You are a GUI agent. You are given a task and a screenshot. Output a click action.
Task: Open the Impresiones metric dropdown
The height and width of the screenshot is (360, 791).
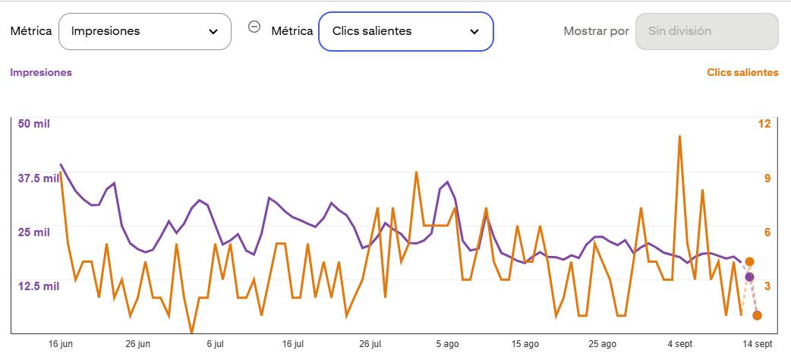click(145, 31)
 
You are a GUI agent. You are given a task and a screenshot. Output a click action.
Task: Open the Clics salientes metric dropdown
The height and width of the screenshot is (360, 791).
click(405, 31)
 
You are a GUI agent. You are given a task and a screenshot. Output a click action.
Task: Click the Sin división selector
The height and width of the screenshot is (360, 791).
click(707, 31)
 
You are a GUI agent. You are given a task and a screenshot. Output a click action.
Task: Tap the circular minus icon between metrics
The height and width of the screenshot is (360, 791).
click(255, 27)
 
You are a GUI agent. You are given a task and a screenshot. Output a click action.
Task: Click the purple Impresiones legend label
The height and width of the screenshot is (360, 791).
click(41, 72)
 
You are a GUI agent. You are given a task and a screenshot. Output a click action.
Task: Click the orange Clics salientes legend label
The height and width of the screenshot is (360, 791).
click(742, 72)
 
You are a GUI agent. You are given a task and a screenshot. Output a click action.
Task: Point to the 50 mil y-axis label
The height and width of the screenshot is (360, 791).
click(34, 124)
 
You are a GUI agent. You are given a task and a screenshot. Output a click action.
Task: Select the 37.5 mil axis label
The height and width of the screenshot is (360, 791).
click(39, 178)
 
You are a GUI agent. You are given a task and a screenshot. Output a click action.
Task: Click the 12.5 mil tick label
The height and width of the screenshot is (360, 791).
click(39, 286)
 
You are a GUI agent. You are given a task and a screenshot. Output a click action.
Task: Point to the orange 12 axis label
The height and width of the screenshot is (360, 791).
click(764, 124)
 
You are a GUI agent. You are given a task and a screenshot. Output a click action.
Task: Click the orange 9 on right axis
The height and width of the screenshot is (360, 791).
click(767, 178)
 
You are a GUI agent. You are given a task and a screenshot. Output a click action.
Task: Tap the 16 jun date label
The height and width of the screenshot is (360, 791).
click(61, 344)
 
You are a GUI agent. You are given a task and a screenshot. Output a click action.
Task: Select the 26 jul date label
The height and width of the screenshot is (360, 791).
click(370, 344)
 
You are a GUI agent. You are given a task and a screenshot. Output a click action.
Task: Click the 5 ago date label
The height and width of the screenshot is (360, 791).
click(447, 344)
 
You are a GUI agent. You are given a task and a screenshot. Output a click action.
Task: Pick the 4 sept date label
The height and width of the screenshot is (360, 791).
click(679, 344)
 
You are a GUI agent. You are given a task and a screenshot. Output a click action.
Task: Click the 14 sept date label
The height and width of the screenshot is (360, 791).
click(757, 344)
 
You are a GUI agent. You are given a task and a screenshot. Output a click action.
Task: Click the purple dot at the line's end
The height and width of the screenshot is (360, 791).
click(749, 276)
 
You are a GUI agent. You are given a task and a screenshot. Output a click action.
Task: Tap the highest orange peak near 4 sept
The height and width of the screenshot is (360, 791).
click(679, 136)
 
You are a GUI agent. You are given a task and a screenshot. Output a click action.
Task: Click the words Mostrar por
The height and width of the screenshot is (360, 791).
click(596, 31)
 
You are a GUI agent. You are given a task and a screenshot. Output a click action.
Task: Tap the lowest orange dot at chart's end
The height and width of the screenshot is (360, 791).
click(757, 315)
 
